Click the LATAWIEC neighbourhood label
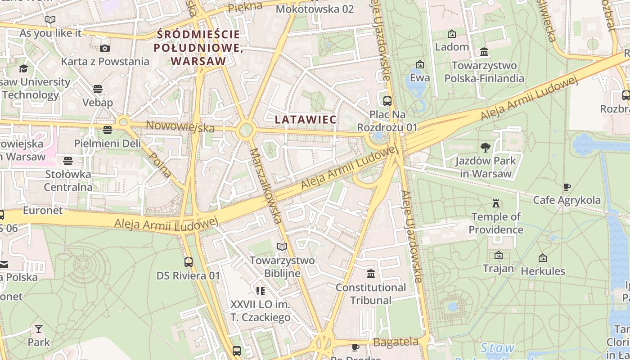[x=306, y=120]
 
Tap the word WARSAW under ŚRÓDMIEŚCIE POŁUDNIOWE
[x=198, y=61]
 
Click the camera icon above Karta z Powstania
[x=105, y=48]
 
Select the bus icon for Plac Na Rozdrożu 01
[x=387, y=101]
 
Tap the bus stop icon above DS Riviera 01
[x=189, y=262]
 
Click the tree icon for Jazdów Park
[x=485, y=147]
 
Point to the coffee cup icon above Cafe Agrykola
[x=567, y=187]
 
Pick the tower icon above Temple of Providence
[x=496, y=203]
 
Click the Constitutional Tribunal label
[x=370, y=293]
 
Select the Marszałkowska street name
[x=266, y=185]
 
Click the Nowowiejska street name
[x=180, y=126]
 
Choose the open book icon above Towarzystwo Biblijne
[x=282, y=247]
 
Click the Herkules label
[x=543, y=271]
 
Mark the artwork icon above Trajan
[x=498, y=256]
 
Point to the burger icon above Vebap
[x=98, y=89]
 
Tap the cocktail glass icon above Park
[x=39, y=329]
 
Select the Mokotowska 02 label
[x=315, y=9]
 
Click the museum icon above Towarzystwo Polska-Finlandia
[x=484, y=52]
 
